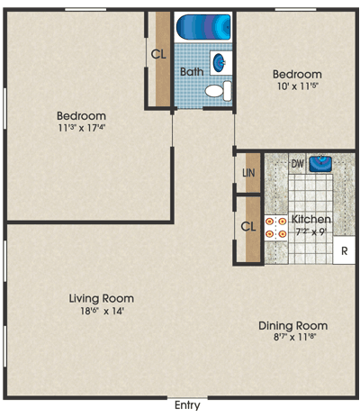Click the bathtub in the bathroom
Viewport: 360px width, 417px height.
click(x=203, y=27)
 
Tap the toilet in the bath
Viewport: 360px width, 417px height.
click(x=219, y=91)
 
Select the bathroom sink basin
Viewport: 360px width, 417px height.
click(x=220, y=62)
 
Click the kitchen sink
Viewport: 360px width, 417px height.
click(x=320, y=164)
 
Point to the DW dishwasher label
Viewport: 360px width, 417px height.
click(x=297, y=164)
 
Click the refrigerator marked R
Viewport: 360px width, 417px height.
click(x=344, y=250)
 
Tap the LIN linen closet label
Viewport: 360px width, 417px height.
click(x=248, y=173)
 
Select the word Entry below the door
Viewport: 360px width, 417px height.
click(x=187, y=405)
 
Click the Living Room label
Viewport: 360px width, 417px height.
click(x=102, y=298)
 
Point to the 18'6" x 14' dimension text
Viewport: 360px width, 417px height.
click(x=102, y=311)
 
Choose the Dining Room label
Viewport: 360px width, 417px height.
click(x=293, y=326)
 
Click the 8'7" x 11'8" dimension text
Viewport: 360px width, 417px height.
click(x=295, y=337)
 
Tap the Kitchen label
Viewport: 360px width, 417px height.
click(x=311, y=220)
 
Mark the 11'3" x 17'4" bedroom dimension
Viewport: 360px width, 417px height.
click(x=82, y=128)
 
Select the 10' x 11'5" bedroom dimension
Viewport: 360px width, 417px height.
click(x=297, y=86)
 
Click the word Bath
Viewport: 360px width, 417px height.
click(x=192, y=72)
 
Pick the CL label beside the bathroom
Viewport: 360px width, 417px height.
click(x=158, y=54)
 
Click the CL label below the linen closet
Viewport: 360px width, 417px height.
click(x=248, y=226)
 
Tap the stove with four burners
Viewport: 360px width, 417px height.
click(x=276, y=227)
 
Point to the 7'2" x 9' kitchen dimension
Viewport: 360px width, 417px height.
click(x=311, y=232)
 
